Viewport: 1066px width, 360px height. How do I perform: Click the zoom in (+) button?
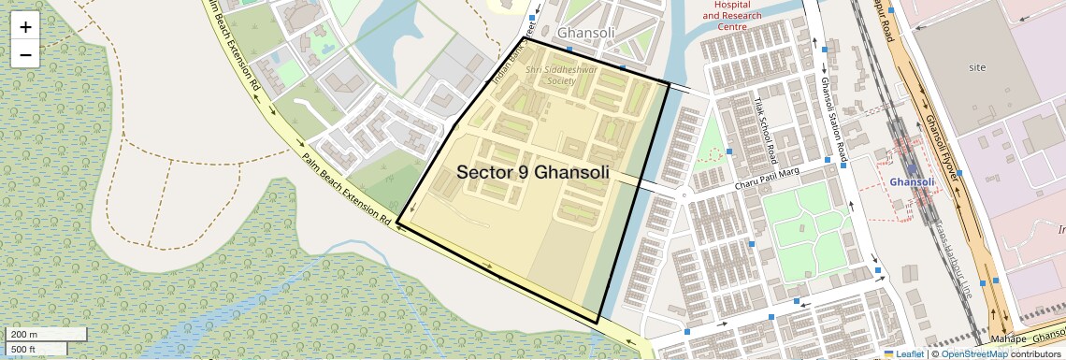25,27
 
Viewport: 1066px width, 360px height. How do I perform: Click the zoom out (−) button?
25,54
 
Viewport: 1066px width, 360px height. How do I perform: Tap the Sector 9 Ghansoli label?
533,173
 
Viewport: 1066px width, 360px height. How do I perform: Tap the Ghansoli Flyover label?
944,150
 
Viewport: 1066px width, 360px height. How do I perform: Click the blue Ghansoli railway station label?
912,181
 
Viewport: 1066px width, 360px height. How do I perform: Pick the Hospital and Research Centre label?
732,16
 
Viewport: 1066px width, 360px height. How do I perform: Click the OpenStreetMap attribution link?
974,354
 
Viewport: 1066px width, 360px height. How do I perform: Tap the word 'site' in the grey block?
978,68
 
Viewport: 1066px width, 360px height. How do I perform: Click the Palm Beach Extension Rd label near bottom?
345,192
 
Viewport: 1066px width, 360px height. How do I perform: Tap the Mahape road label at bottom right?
1009,338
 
